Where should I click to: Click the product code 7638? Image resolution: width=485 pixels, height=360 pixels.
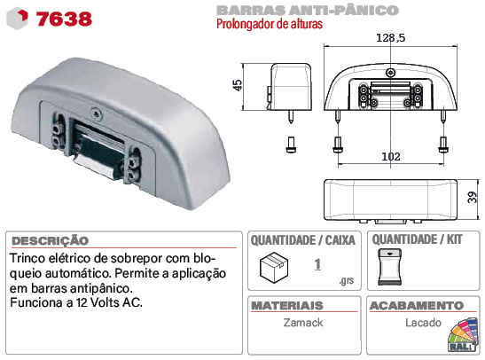(x=64, y=19)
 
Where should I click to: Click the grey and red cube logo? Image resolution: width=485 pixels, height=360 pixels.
(x=18, y=19)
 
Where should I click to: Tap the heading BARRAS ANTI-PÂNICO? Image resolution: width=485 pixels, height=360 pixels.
(x=308, y=11)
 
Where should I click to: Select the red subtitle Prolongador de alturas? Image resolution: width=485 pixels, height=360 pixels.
(x=270, y=24)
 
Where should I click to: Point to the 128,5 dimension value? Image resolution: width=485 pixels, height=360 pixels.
(x=390, y=38)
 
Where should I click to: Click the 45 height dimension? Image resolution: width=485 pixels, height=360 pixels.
(x=238, y=85)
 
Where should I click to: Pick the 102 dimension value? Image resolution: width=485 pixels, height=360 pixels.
(x=391, y=156)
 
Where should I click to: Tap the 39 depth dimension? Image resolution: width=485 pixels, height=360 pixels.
(x=472, y=197)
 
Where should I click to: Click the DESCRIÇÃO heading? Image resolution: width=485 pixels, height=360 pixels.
(x=51, y=241)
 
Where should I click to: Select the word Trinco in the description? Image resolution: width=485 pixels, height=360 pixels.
(x=27, y=258)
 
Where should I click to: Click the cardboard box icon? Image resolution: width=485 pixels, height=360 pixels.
(x=274, y=267)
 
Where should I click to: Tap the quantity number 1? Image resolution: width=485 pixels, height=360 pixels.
(x=317, y=265)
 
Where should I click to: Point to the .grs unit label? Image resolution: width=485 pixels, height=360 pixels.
(x=347, y=280)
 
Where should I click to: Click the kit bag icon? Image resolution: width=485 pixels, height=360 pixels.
(x=390, y=267)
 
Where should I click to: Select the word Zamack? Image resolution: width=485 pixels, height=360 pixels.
(x=303, y=323)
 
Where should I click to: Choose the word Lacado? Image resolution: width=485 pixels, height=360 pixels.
(x=423, y=323)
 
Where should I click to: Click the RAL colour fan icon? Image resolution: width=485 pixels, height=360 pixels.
(x=463, y=335)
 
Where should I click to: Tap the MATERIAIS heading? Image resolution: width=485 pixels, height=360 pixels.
(x=287, y=306)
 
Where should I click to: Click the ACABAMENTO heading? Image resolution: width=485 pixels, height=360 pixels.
(x=417, y=306)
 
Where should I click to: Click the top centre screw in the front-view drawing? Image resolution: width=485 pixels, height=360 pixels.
(x=391, y=73)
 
